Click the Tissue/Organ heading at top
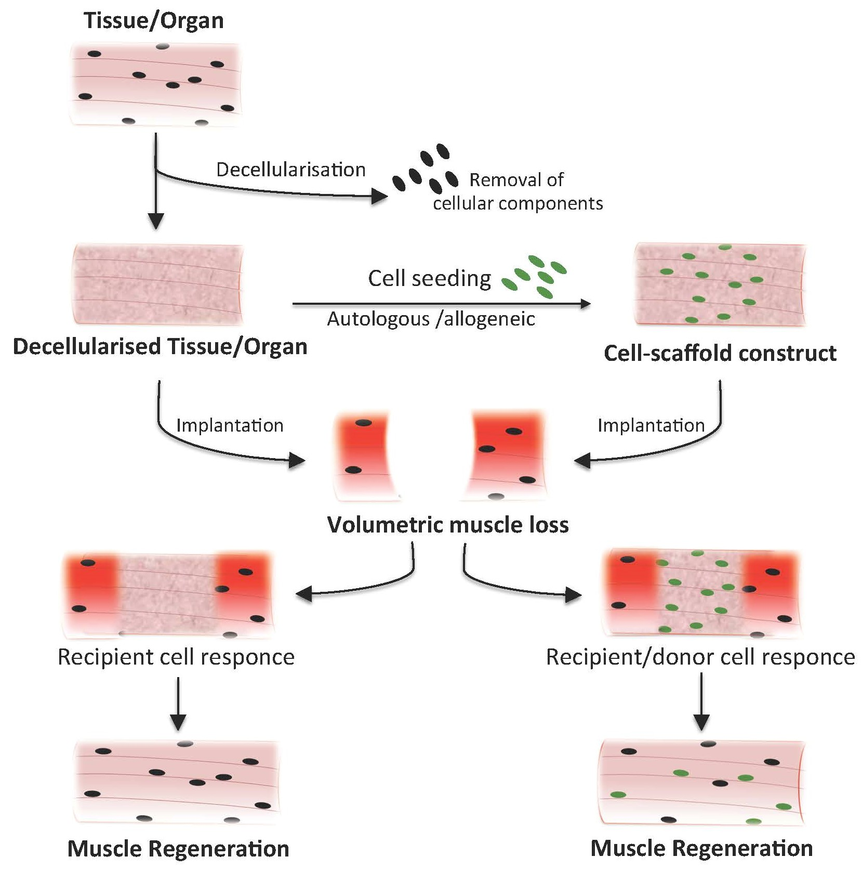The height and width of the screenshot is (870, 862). (x=154, y=21)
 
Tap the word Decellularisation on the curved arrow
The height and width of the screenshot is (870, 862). (x=290, y=170)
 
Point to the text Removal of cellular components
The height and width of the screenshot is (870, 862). (x=517, y=191)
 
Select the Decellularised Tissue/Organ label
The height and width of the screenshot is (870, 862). (x=160, y=346)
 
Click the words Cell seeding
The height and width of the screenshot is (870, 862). (x=429, y=279)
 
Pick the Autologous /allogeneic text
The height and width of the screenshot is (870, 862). (x=431, y=319)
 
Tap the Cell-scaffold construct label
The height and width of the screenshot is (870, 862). (x=720, y=353)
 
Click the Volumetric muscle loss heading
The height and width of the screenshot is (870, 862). (x=447, y=525)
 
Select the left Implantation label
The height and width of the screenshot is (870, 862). (x=230, y=425)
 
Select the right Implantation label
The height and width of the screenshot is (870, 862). (x=651, y=425)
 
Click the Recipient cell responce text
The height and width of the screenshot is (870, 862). (x=176, y=657)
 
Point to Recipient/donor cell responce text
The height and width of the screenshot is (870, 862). (x=700, y=657)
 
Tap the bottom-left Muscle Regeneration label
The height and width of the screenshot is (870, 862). (x=178, y=849)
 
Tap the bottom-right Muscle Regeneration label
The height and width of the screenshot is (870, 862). (x=701, y=848)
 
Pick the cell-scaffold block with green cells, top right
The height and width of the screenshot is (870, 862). (x=720, y=284)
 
